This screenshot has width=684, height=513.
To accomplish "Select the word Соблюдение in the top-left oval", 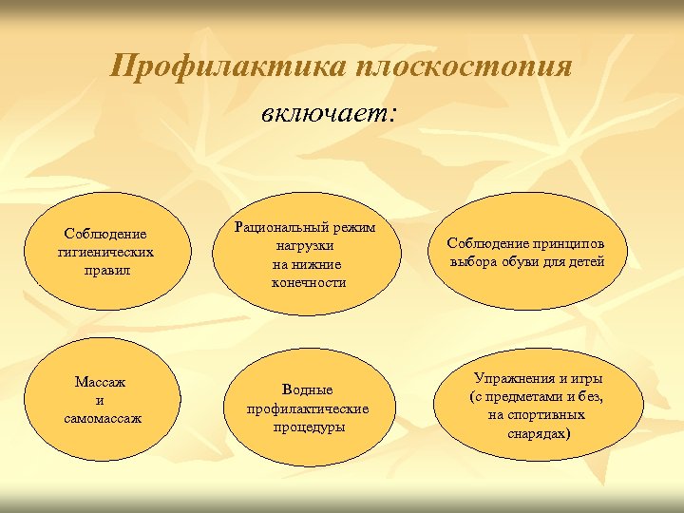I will [x=104, y=234].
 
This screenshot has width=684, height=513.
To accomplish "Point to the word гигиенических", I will [x=104, y=252].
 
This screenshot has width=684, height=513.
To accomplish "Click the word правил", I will [x=104, y=270].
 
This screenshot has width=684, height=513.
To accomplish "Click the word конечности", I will [x=308, y=282].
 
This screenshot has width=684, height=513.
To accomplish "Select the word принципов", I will [x=579, y=243].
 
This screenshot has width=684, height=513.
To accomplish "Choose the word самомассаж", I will [x=104, y=418].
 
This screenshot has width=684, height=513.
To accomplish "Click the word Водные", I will [x=307, y=390].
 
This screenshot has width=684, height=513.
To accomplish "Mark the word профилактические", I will [x=307, y=408].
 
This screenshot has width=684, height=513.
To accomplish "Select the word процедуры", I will [x=307, y=427].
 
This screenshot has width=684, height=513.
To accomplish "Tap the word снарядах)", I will [x=537, y=433].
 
